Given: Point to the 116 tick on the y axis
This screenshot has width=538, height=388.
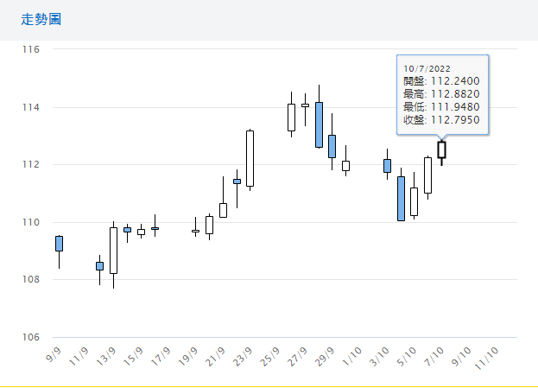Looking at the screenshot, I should point(32,50).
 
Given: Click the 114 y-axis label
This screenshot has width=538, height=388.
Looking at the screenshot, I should point(32,107).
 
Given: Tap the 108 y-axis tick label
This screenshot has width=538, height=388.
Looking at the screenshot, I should point(32,279).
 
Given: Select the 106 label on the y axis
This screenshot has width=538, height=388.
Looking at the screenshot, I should point(32,337).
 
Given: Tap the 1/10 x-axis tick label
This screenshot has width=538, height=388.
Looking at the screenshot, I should point(351,355).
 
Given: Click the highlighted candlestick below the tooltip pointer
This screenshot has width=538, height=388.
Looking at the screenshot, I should point(441,149).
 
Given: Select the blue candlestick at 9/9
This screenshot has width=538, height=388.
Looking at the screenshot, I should point(59,244).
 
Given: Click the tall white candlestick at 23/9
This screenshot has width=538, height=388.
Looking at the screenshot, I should point(250,158).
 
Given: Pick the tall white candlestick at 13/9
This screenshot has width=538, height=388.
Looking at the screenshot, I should point(113,251).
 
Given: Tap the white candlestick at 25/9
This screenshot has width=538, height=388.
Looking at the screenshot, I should point(291,118).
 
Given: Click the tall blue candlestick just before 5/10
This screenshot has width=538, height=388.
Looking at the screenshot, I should point(401,199).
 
